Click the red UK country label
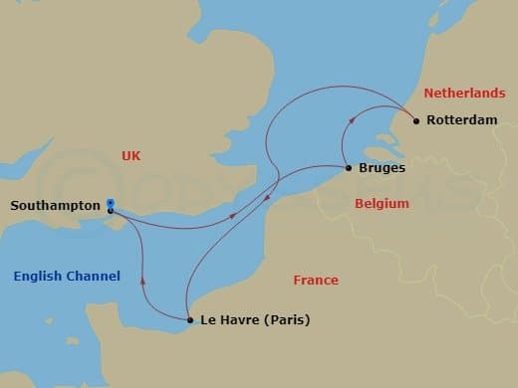pyautogui.click(x=130, y=156)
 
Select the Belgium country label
pyautogui.click(x=382, y=203)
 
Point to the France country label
pyautogui.click(x=315, y=281)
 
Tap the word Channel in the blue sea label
pyautogui.click(x=94, y=276)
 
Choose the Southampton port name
pyautogui.click(x=55, y=206)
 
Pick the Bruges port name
pyautogui.click(x=381, y=168)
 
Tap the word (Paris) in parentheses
pyautogui.click(x=288, y=320)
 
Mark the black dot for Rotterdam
pyautogui.click(x=415, y=120)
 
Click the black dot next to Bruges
pyautogui.click(x=347, y=167)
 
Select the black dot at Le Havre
pyautogui.click(x=189, y=320)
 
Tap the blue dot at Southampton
pyautogui.click(x=110, y=204)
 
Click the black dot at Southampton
pyautogui.click(x=110, y=211)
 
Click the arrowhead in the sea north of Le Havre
pyautogui.click(x=143, y=280)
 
